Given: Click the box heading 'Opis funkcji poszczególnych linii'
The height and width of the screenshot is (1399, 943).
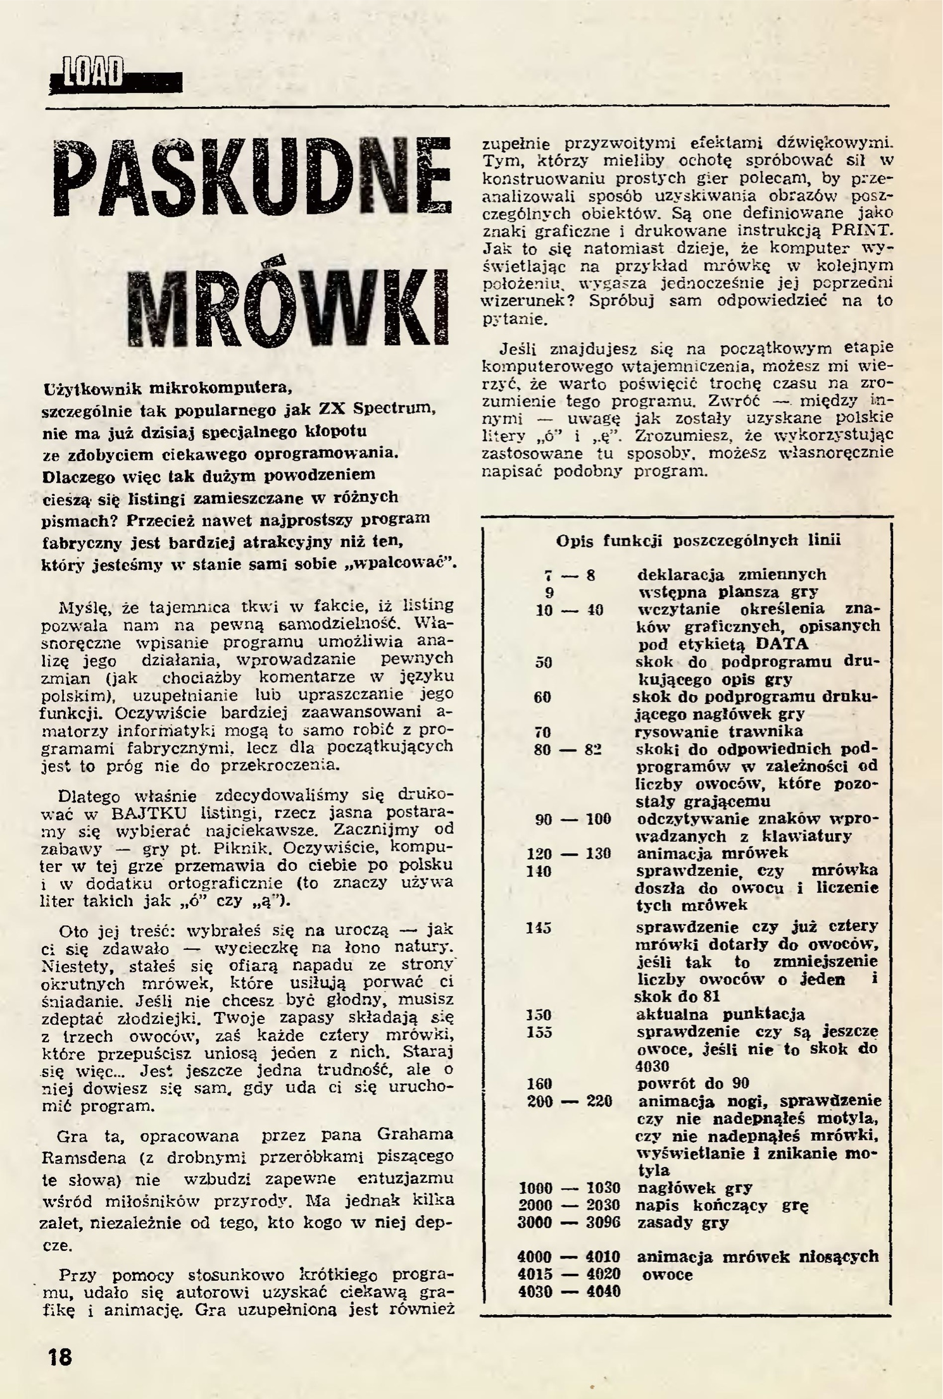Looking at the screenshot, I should point(698,540).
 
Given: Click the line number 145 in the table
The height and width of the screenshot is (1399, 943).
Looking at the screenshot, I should point(539,927).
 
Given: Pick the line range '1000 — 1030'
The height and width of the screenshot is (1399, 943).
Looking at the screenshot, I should point(569,1187).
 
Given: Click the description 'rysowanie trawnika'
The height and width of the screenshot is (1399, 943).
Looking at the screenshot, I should point(720,732).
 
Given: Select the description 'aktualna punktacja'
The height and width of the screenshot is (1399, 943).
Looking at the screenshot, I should point(720,1014).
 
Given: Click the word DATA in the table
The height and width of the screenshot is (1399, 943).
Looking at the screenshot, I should point(782,644).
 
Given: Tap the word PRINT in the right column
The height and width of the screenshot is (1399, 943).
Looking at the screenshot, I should point(859,230).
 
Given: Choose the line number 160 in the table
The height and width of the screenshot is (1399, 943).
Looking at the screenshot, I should point(539,1083).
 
